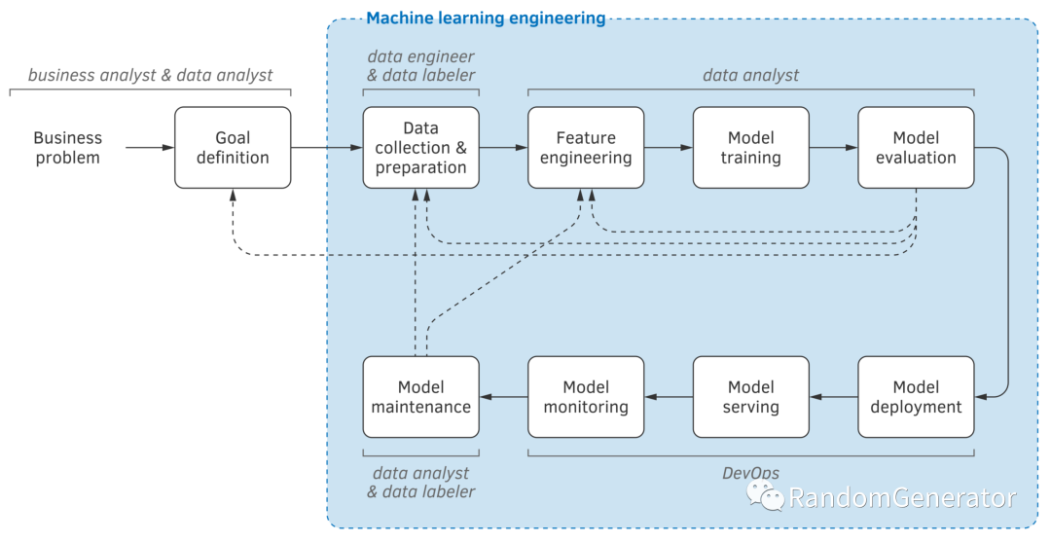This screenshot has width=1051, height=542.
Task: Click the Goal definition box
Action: pyautogui.click(x=233, y=147)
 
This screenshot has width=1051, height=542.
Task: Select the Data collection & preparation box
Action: pyautogui.click(x=421, y=147)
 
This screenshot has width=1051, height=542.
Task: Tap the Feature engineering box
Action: pyautogui.click(x=586, y=147)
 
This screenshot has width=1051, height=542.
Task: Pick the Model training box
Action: pyautogui.click(x=750, y=147)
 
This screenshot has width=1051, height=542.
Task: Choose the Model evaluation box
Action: pyautogui.click(x=916, y=147)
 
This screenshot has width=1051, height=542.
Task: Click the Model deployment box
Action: pyautogui.click(x=916, y=397)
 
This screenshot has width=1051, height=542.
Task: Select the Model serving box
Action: pyautogui.click(x=750, y=397)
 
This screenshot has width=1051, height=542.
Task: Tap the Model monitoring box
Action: pyautogui.click(x=586, y=397)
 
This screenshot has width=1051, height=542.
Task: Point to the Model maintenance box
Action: pyautogui.click(x=421, y=397)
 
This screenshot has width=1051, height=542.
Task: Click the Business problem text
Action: pyautogui.click(x=68, y=147)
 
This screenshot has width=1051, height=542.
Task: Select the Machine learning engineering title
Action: pyautogui.click(x=486, y=18)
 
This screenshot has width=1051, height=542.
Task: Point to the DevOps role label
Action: pyautogui.click(x=750, y=473)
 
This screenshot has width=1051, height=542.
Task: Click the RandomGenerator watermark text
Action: pyautogui.click(x=902, y=498)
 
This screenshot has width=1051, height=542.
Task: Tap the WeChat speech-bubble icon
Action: pyautogui.click(x=765, y=496)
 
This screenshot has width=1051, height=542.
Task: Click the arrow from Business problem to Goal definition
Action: pyautogui.click(x=150, y=147)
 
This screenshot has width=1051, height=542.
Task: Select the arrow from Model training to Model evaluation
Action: pyautogui.click(x=834, y=147)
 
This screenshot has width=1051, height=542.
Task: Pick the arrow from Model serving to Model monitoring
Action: pyautogui.click(x=669, y=397)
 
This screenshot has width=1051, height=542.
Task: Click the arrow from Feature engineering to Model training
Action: pyautogui.click(x=669, y=147)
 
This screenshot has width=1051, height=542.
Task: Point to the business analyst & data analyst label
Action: pyautogui.click(x=150, y=75)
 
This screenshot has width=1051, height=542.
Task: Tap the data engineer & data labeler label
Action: pyautogui.click(x=421, y=65)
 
